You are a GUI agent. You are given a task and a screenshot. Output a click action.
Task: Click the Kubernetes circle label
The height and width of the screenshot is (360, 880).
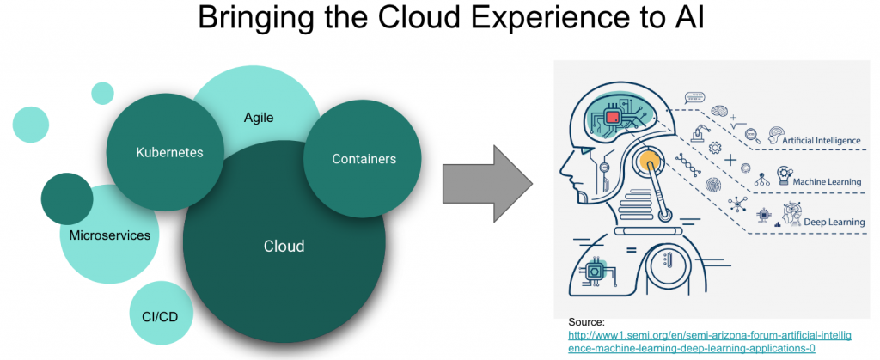click(x=169, y=153)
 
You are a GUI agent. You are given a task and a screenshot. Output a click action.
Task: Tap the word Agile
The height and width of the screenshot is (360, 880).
click(x=258, y=118)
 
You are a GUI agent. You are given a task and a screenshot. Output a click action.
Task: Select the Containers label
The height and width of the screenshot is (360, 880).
click(x=364, y=159)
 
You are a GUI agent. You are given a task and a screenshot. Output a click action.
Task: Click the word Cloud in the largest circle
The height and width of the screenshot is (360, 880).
click(x=284, y=247)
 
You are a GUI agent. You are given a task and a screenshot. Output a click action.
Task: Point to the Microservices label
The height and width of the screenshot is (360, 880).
click(x=110, y=235)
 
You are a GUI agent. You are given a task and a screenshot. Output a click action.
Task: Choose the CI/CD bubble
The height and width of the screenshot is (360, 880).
click(x=162, y=316)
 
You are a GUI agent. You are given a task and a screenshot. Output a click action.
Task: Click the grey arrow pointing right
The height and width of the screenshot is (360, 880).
click(x=486, y=180)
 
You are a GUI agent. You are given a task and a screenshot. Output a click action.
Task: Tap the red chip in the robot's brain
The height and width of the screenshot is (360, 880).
click(x=613, y=116)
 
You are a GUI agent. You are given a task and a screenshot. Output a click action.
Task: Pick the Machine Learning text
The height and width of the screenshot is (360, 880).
click(x=828, y=183)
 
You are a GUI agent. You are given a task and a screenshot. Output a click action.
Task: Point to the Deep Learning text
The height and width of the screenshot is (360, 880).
click(x=834, y=223)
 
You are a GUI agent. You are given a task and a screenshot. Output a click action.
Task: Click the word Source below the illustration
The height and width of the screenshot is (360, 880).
click(x=586, y=321)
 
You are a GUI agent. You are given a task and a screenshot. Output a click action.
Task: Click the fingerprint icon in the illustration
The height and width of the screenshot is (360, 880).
click(x=712, y=184)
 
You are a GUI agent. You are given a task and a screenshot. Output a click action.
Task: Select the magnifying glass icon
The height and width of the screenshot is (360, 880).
click(x=751, y=133)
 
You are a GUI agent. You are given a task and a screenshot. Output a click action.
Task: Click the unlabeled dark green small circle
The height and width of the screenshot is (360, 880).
click(x=67, y=198)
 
